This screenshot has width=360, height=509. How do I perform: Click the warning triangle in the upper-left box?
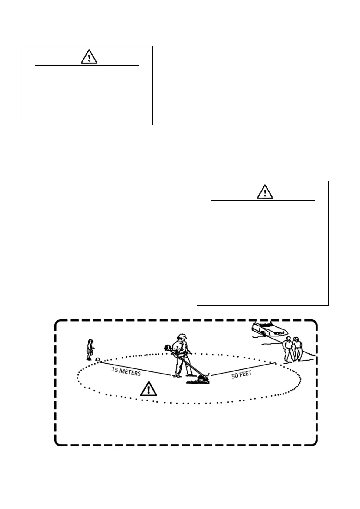(x=89, y=57)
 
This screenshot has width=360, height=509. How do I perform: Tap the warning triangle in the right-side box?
(x=265, y=192)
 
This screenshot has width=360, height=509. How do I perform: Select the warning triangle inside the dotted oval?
(x=149, y=389)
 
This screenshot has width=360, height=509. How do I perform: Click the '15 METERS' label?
(x=126, y=371)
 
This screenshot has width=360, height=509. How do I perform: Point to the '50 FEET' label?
(x=241, y=375)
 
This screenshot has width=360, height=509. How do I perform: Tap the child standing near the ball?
(x=90, y=349)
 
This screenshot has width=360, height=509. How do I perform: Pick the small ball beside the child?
(x=97, y=359)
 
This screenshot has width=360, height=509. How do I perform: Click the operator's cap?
(x=182, y=336)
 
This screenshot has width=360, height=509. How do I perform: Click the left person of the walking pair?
(x=288, y=349)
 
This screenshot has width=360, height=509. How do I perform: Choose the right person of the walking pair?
(x=297, y=349)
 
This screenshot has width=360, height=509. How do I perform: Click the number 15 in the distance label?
(x=115, y=369)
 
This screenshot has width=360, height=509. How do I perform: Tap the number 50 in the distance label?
(x=235, y=376)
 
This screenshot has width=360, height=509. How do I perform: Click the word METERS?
(x=130, y=372)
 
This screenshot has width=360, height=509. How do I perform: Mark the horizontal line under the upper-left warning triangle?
(x=87, y=65)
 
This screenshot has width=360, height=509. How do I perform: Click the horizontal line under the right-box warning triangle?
(x=263, y=200)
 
